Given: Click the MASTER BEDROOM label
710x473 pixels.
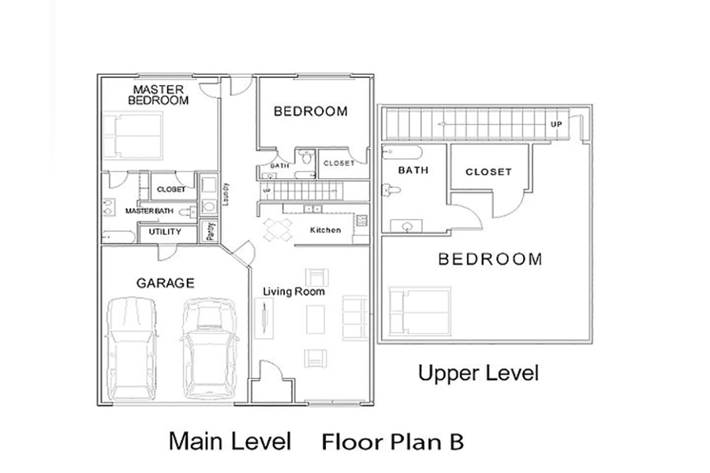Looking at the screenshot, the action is coord(158,95).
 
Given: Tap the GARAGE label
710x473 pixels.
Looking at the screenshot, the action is coord(166,283).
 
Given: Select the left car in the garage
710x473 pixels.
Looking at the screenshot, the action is coord(131,348).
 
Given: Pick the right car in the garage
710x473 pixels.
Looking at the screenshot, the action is coord(209,348).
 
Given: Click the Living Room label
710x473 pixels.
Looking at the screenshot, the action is coord(294,292).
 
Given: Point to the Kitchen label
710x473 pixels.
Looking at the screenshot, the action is coord(325,230).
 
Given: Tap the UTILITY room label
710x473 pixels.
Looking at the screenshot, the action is coord(165,232).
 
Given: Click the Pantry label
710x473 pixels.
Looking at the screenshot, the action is coord(210,231).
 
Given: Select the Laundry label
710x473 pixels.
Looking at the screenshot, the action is coord(226,194).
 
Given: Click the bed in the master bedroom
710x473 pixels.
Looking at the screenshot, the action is coord(133,136).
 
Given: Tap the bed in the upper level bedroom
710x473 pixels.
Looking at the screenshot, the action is coord(420,312).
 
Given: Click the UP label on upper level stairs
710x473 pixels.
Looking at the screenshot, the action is coord(556,125).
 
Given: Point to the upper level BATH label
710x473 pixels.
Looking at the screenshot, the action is coord(413,170).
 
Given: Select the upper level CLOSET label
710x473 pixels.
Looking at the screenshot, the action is coord(488,172).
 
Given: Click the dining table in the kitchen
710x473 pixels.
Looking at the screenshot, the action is coord(278,229).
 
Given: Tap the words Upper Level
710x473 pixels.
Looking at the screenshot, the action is coord(478,374).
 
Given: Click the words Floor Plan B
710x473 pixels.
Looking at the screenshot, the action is coord(393,441).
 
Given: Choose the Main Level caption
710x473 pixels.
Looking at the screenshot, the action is coord(230,441).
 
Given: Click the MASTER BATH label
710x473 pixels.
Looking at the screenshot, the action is coord(149,211).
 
